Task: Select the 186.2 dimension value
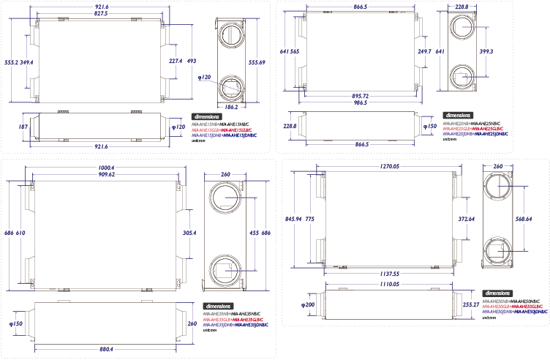[x=232, y=107]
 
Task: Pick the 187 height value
[x=22, y=127]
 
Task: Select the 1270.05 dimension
[x=386, y=166]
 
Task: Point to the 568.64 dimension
[x=522, y=218]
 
